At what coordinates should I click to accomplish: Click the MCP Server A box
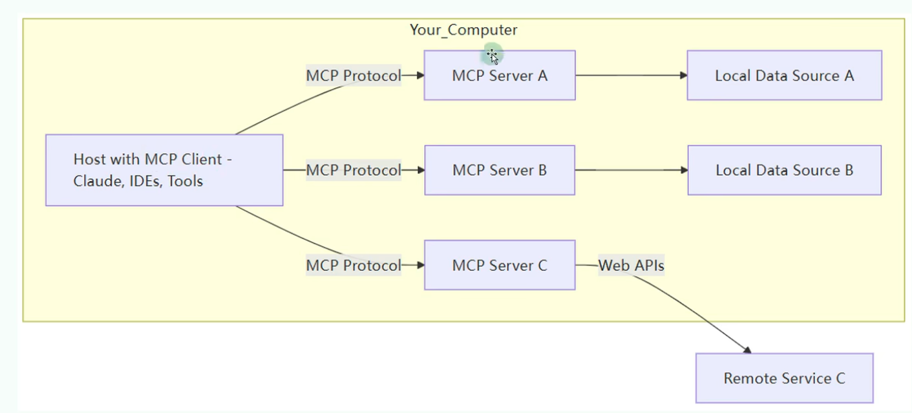point(499,76)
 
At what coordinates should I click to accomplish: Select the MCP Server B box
point(499,171)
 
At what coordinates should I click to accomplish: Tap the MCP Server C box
point(499,265)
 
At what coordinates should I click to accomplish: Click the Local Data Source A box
point(784,76)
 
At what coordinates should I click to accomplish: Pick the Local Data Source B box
point(784,171)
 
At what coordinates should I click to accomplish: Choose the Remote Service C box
point(784,378)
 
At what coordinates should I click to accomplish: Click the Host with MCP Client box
point(164,170)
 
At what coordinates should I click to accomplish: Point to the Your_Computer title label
point(463,30)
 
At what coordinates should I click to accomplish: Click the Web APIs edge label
point(631,265)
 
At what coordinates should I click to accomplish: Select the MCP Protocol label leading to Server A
point(354,76)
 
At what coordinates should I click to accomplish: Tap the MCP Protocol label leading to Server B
point(354,171)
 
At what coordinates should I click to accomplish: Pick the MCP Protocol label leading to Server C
point(354,265)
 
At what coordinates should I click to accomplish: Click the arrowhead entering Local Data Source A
point(683,76)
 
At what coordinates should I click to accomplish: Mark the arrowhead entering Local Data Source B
point(684,171)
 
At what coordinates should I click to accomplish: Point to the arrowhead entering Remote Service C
point(747,350)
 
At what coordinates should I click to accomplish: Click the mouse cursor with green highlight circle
point(493,56)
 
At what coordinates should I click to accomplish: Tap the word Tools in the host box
point(185,181)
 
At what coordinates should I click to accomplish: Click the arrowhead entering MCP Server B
point(420,171)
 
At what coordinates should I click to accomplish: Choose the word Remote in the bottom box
point(747,378)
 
